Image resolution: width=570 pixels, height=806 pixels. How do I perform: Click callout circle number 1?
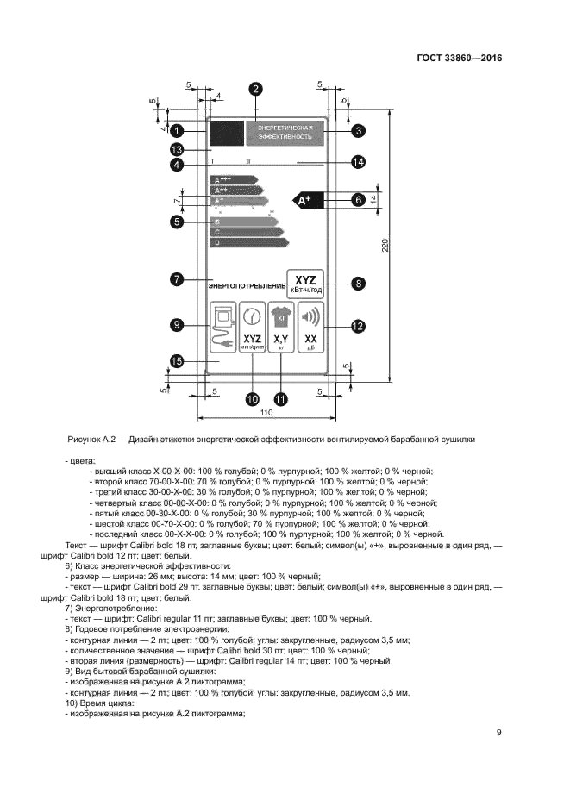[176, 131]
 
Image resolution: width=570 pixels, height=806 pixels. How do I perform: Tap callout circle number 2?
[255, 89]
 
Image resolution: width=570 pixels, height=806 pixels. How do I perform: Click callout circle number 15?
[176, 362]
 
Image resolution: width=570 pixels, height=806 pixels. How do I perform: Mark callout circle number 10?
[253, 399]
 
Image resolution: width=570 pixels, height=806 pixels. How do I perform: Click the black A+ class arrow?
[308, 200]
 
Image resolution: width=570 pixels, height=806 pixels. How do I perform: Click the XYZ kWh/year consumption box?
[306, 283]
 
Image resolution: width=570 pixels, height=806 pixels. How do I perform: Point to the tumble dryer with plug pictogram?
[223, 327]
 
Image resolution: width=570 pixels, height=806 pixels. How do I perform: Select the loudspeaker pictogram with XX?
[311, 327]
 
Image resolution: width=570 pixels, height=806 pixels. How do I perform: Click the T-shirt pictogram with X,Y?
[281, 327]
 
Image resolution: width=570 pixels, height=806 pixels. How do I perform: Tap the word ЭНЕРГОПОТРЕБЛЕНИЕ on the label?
[246, 284]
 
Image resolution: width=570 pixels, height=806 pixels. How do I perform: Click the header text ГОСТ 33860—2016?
[460, 59]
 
